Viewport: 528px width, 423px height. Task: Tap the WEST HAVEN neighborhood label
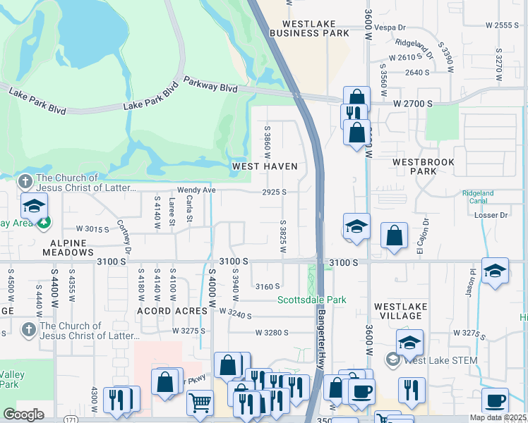265,166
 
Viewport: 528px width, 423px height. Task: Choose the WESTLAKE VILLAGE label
400,312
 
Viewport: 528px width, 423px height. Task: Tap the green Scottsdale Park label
311,300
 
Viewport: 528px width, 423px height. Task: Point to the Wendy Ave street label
196,190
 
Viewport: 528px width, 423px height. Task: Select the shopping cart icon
200,403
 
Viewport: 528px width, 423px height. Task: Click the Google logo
24,414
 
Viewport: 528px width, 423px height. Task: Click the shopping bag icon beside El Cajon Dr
395,236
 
